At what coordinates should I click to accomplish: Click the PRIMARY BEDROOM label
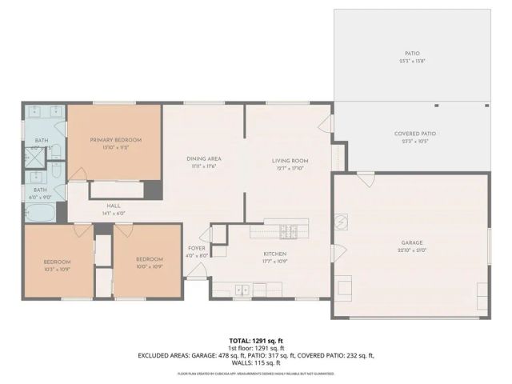115,139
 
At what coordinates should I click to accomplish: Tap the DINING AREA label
203,158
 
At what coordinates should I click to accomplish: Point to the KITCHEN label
274,254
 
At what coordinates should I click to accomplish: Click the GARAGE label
412,242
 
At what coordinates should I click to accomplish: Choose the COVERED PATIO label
415,134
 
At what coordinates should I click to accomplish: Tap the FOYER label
196,248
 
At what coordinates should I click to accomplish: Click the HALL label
113,206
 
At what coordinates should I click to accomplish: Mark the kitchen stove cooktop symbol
289,232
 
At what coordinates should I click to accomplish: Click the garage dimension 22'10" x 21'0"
412,250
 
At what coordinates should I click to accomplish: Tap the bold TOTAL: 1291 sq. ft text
255,338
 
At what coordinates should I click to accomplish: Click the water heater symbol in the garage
341,221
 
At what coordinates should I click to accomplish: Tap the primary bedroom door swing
78,174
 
